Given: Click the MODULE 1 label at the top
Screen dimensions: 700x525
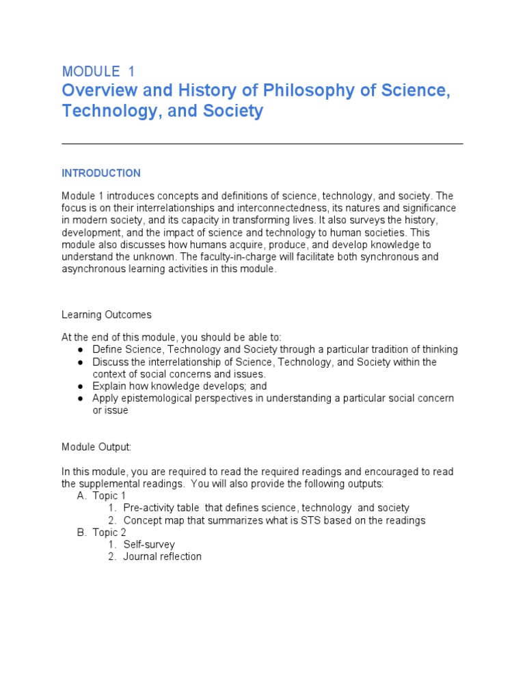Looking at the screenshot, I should (x=98, y=71).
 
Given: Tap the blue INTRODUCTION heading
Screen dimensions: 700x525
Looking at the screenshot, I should (x=101, y=173).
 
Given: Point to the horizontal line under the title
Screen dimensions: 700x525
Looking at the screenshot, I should (x=262, y=144).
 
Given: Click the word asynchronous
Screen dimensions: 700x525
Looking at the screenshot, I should (x=92, y=269).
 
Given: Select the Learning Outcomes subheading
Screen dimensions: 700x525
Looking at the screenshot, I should (x=107, y=314).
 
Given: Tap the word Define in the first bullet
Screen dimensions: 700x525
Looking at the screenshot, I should (x=108, y=349).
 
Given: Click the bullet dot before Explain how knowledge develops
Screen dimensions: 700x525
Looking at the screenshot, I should (x=80, y=386).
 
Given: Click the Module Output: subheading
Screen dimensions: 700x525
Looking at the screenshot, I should (x=96, y=447).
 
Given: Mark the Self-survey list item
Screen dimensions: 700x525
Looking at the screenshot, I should (x=149, y=545).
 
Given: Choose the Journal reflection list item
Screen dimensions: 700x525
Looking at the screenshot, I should (x=163, y=556).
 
